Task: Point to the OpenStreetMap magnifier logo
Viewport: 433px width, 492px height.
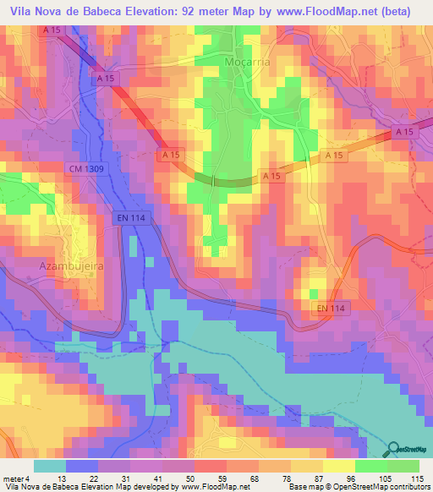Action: click(392, 450)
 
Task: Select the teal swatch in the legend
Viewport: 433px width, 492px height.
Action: click(49, 466)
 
